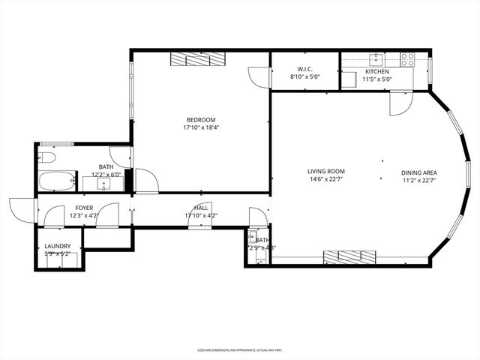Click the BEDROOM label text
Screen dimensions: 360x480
pyautogui.click(x=201, y=120)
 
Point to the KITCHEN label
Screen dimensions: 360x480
pyautogui.click(x=377, y=70)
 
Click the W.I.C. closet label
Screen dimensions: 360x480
pyautogui.click(x=304, y=70)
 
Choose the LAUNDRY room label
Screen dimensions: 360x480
pyautogui.click(x=57, y=246)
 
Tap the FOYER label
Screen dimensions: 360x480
pyautogui.click(x=83, y=208)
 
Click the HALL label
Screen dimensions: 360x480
pyautogui.click(x=201, y=208)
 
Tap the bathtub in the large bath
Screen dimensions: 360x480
pyautogui.click(x=56, y=181)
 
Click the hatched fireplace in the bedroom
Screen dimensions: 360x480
pyautogui.click(x=197, y=59)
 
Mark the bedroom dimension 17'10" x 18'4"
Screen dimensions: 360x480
pyautogui.click(x=201, y=127)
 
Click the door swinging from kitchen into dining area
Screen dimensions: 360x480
pyautogui.click(x=396, y=103)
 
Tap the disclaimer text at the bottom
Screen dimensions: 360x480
pyautogui.click(x=239, y=349)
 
